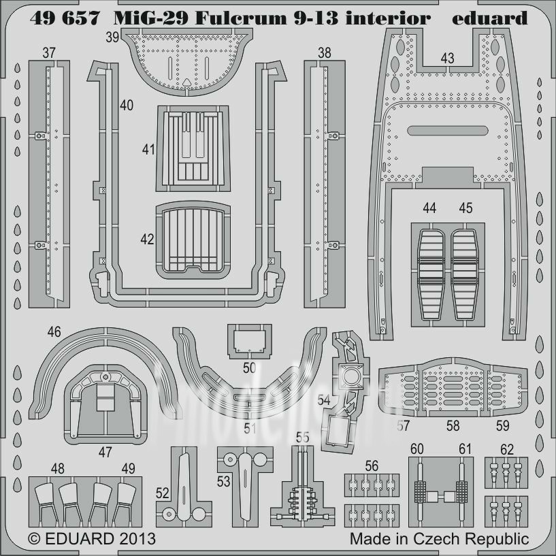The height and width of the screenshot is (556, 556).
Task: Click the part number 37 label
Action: coord(48,52)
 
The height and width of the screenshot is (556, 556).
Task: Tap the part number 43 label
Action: coord(446,59)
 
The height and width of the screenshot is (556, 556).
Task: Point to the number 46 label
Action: coord(54,332)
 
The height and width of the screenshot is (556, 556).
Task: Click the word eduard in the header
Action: coord(490,18)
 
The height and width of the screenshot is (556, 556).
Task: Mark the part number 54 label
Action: coord(324,401)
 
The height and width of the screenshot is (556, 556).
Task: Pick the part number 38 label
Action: coord(325,52)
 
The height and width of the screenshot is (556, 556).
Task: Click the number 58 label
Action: coord(453,426)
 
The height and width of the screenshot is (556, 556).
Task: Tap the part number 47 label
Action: coord(105,451)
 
